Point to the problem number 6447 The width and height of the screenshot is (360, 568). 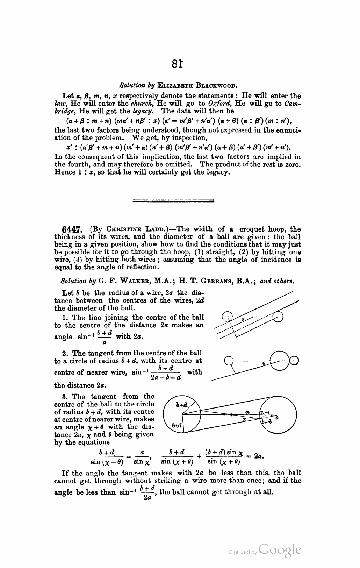71,229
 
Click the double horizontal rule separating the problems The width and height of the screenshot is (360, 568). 173,200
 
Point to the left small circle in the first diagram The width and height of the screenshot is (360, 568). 228,317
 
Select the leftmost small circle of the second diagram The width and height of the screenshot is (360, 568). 229,360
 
